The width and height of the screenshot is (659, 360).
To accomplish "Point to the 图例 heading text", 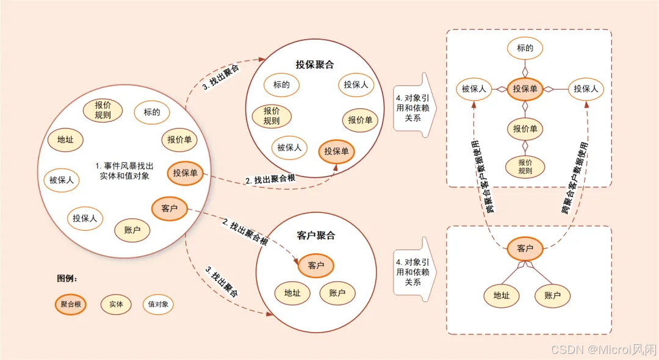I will click(67, 278).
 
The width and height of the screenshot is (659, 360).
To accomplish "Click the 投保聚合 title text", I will click(315, 64).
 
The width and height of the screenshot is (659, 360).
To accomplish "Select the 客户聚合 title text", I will click(316, 236).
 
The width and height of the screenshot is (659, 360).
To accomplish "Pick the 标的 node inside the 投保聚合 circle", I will click(281, 85).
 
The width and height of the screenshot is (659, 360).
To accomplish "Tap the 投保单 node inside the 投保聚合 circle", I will click(337, 151).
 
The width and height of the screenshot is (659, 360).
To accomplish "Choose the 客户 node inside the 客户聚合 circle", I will click(316, 265).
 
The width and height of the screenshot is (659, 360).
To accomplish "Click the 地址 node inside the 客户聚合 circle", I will click(292, 293).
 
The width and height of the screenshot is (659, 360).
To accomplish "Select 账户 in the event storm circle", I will click(132, 230).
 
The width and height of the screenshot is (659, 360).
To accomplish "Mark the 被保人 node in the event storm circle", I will click(62, 179).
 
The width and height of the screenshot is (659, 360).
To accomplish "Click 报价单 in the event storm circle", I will click(179, 140).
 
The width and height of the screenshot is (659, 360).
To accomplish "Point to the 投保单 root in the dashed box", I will click(525, 89).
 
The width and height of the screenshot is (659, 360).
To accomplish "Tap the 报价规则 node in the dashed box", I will click(525, 167).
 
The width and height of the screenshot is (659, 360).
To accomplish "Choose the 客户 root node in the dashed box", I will click(525, 248).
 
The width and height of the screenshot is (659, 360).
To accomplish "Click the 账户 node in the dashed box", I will click(553, 296).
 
